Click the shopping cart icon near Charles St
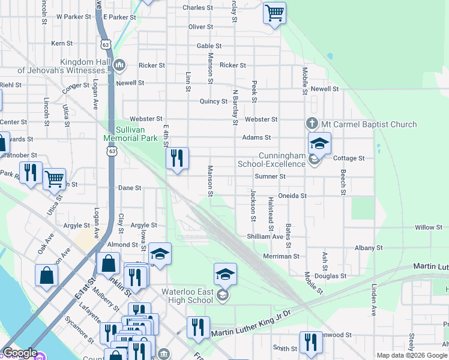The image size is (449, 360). (274, 13)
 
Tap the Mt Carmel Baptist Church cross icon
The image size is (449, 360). (312, 124)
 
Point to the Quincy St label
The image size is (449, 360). (213, 101)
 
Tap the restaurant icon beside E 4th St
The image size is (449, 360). (176, 159)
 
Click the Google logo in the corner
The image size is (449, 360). (19, 353)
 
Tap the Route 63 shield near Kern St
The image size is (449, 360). (106, 44)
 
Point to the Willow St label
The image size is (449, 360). (428, 227)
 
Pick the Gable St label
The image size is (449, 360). (209, 46)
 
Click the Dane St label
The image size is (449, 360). (129, 188)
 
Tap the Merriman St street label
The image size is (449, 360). (282, 256)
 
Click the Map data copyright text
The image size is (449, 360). (412, 355)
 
